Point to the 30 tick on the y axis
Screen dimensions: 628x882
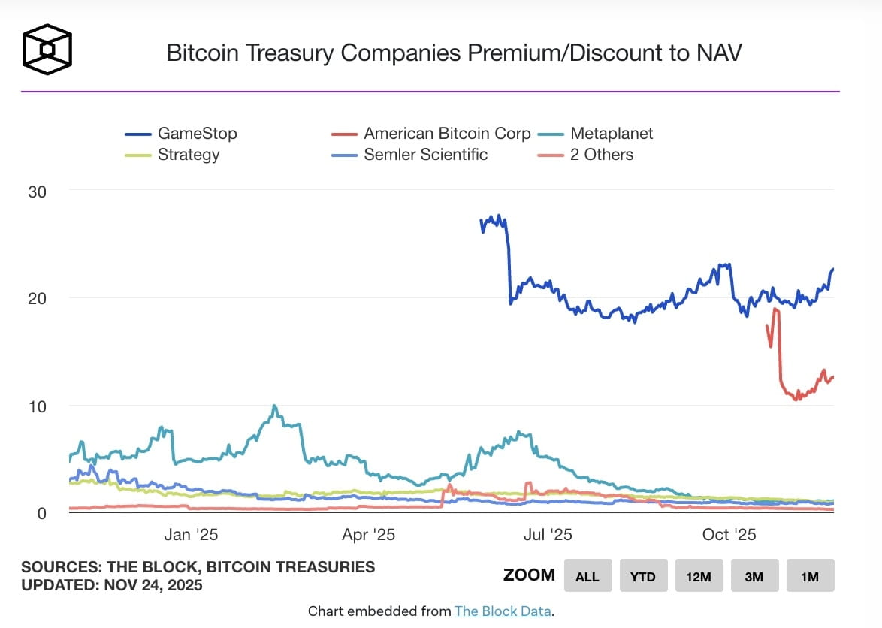pyautogui.click(x=36, y=192)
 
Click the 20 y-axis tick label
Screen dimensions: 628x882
pyautogui.click(x=36, y=298)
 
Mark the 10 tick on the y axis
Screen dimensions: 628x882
pyautogui.click(x=36, y=406)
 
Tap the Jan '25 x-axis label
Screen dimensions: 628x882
pyautogui.click(x=191, y=535)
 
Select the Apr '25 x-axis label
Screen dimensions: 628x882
pyautogui.click(x=368, y=535)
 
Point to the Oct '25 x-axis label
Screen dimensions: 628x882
pyautogui.click(x=729, y=535)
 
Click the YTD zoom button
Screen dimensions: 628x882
pyautogui.click(x=643, y=576)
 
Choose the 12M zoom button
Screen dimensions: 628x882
pyautogui.click(x=699, y=576)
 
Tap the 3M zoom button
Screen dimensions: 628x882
pyautogui.click(x=754, y=576)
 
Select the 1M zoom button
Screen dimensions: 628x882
pyautogui.click(x=810, y=576)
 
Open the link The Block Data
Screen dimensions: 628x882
pyautogui.click(x=503, y=611)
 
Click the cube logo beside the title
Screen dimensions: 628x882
pyautogui.click(x=47, y=50)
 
